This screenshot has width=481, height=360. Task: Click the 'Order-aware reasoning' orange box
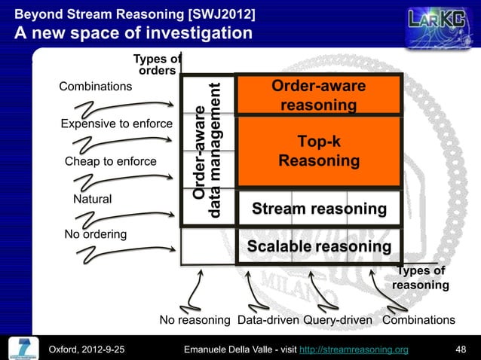pos(318,96)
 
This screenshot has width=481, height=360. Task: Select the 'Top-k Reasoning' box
pos(318,151)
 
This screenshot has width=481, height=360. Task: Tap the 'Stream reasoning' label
pos(318,208)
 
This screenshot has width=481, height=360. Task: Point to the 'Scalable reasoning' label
pos(319,247)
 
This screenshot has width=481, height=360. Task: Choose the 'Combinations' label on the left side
pos(95,86)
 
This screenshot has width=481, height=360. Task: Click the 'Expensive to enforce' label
pos(116,124)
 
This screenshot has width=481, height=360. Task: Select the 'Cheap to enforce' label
pos(111,161)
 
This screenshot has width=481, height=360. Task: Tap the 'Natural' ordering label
pos(92,199)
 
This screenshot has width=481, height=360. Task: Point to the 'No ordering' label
pos(95,234)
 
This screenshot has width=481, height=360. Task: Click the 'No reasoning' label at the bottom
pos(195,320)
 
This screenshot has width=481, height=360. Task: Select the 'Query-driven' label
pos(338,320)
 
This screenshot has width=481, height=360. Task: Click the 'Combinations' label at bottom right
pos(418,320)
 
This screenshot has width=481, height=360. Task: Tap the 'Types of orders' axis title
pos(157,65)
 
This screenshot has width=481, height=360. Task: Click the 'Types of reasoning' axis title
pos(421,278)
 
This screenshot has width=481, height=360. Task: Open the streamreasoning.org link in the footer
pos(364,349)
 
